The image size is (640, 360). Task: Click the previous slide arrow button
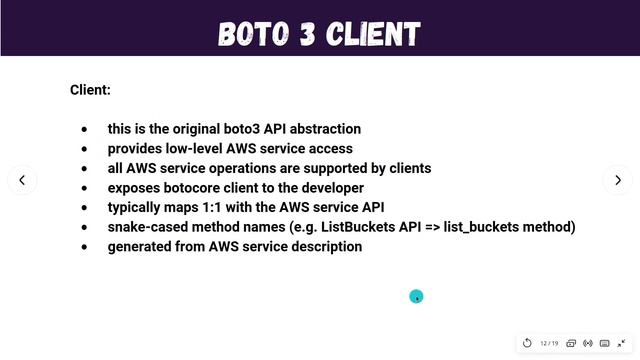(22, 180)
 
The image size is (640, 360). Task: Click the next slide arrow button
(617, 180)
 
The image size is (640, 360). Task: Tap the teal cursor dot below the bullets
(416, 296)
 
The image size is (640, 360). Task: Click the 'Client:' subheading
(90, 90)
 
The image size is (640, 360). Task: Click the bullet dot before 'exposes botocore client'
(84, 188)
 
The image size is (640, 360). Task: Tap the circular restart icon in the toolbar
(527, 343)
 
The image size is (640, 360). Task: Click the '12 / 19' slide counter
(549, 343)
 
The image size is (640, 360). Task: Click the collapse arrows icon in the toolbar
(621, 343)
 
